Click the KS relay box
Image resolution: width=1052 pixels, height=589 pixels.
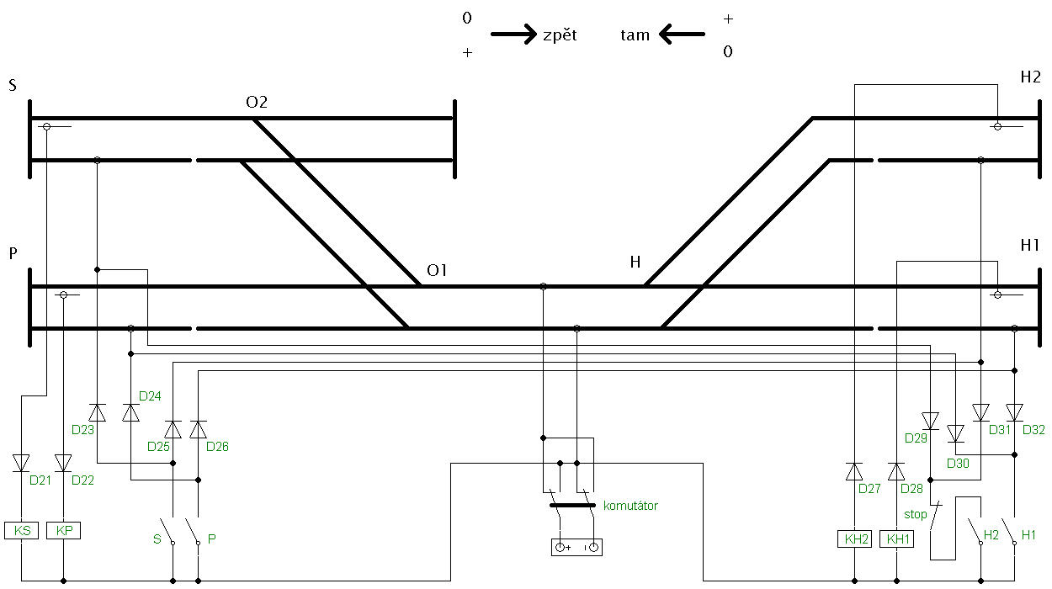pos(21,530)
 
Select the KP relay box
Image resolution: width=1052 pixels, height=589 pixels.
pos(63,530)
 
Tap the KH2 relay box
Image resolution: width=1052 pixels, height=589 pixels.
pos(854,539)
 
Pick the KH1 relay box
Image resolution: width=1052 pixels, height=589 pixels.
pos(896,539)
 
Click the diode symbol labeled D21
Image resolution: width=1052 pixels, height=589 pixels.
pos(21,463)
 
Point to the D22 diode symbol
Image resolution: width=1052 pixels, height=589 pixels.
pos(63,463)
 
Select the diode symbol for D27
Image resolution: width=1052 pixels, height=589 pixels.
pos(854,471)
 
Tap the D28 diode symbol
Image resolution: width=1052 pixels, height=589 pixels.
pos(896,471)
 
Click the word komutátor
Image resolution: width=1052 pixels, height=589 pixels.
pos(630,506)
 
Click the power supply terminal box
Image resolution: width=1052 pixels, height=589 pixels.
pos(576,547)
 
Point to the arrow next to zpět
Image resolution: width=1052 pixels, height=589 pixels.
pos(513,34)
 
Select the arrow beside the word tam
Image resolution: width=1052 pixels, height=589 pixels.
pos(682,34)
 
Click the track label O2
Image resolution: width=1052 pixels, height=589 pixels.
pos(257,102)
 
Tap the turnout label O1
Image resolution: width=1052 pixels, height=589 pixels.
pos(437,270)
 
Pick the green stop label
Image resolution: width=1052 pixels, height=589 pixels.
pos(916,514)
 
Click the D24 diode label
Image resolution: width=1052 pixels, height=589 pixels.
pos(150,396)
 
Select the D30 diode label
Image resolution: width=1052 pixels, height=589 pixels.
pos(958,464)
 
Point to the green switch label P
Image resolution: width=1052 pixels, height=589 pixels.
pos(212,539)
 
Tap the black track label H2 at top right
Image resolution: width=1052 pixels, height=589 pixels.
pos(1030,77)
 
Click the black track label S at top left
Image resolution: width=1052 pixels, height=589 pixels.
pos(13,85)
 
